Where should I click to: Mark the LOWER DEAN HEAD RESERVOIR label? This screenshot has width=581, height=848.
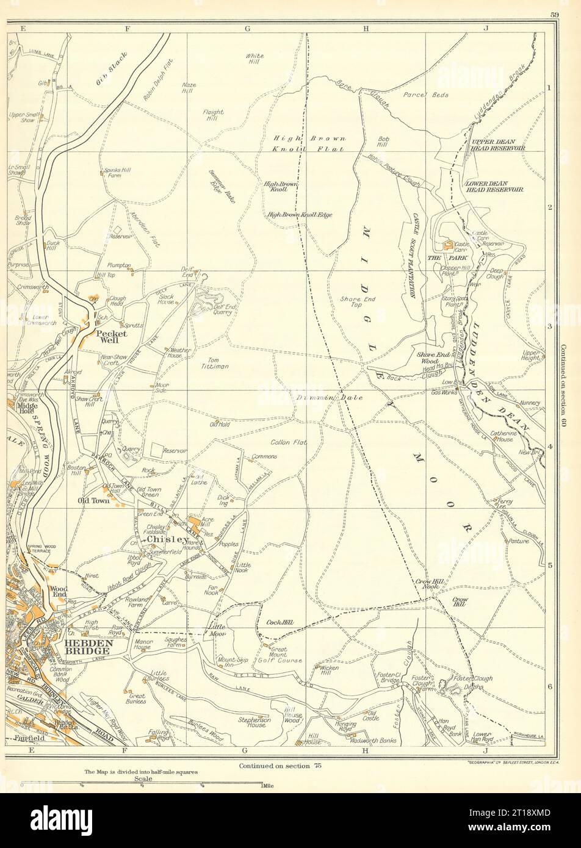coord(494,187)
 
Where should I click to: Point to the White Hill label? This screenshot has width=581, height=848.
coord(255,59)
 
